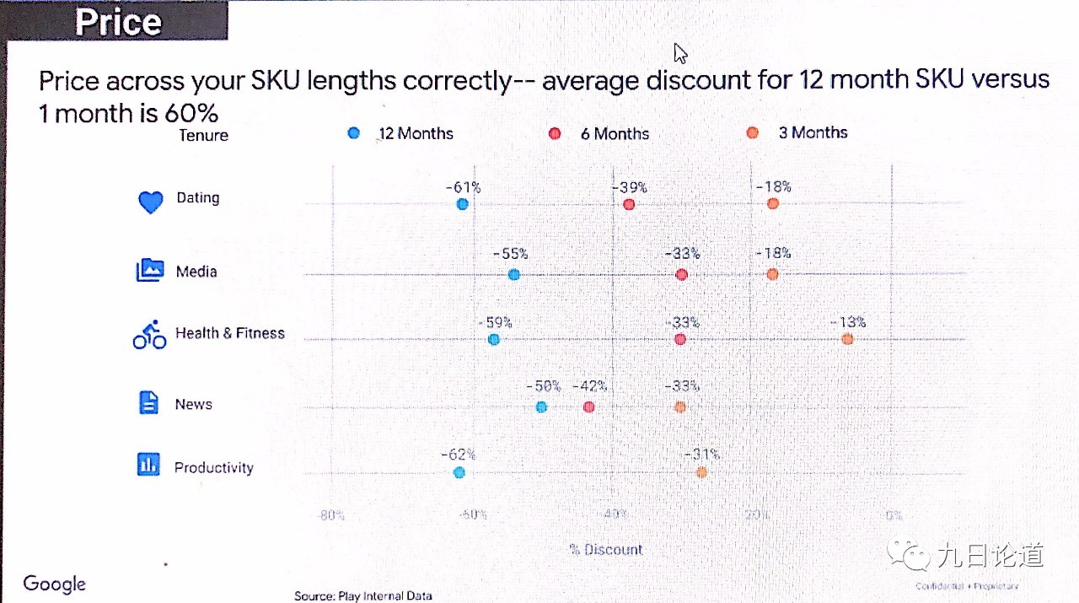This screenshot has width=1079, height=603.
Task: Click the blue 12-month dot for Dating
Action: pos(462,204)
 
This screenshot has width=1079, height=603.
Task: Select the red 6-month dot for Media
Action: pos(682,275)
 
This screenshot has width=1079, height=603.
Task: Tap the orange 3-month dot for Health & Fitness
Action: pos(847,339)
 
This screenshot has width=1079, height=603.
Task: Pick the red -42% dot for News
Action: pos(588,407)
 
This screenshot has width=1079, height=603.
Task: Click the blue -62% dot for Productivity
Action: pos(459,472)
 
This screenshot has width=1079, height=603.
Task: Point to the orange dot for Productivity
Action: pos(701,472)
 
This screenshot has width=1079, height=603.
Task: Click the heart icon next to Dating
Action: pos(150,202)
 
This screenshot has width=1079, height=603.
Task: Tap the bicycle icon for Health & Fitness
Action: pos(150,335)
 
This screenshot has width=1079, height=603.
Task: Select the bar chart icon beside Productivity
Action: pos(148,465)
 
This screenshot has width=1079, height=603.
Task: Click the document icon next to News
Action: pos(148,402)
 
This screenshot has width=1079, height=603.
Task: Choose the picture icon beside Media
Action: pos(149,270)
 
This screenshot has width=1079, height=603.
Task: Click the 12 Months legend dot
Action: pos(354,133)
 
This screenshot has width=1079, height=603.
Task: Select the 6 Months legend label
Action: pos(615,134)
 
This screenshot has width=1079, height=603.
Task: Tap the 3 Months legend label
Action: pos(813,132)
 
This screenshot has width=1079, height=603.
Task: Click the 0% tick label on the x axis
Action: pos(894,515)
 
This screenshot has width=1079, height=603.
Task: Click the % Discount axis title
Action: pos(605,550)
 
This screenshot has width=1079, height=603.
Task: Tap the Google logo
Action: pos(55,584)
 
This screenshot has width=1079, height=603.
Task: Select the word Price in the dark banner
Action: pos(118,22)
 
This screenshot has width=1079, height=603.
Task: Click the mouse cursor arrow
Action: pos(680,53)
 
